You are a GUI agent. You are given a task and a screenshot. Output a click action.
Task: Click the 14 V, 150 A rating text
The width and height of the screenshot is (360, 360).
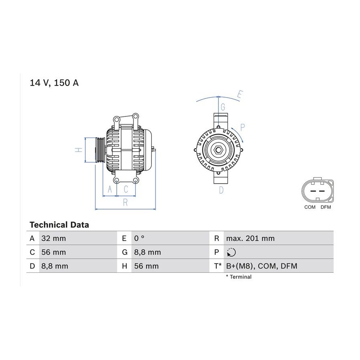click(x=54, y=83)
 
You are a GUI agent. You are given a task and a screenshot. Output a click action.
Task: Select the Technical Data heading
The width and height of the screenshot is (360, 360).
click(x=59, y=225)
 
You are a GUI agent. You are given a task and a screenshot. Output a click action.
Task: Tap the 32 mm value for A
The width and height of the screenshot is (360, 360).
click(x=54, y=238)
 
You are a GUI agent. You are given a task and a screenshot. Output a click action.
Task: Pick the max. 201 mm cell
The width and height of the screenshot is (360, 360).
click(x=250, y=238)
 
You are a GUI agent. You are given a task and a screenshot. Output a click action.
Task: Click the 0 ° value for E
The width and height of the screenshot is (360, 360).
click(x=139, y=238)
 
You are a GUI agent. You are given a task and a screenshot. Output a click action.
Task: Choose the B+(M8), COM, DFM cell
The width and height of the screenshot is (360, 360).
click(x=262, y=266)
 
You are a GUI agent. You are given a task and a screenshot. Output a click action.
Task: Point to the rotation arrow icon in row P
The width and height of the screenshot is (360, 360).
click(x=231, y=252)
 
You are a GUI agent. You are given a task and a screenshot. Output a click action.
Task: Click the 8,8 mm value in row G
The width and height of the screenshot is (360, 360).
click(x=147, y=252)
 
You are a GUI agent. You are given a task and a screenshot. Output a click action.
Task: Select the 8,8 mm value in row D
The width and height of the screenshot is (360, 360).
click(x=55, y=266)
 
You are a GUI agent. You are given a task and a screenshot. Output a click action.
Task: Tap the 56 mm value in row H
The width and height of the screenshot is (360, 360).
click(x=146, y=266)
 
